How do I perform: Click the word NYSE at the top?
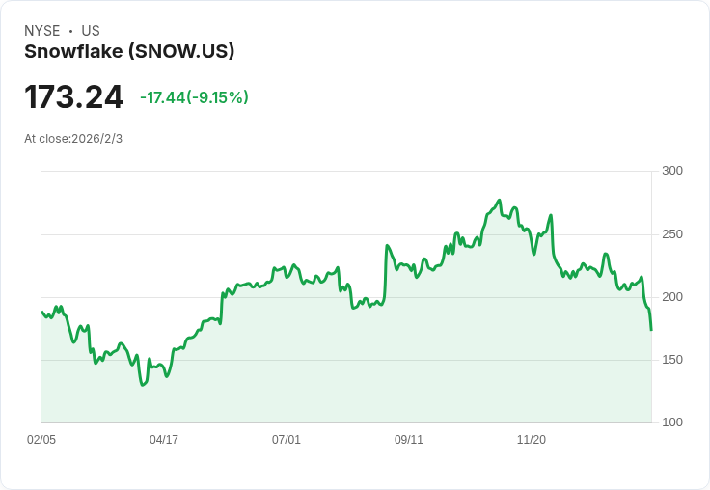42,31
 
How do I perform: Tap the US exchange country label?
91,31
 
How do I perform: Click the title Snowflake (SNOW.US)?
129,52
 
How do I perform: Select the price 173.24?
74,96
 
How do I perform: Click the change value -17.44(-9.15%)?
194,97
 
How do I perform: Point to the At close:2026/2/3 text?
73,139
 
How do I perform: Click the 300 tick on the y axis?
672,171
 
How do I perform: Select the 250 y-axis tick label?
672,234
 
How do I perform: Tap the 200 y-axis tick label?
672,297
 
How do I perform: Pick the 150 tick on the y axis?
672,360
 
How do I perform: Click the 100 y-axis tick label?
672,422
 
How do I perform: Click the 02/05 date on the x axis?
41,439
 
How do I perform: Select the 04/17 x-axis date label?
164,439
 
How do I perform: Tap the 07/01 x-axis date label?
287,439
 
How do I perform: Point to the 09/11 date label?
409,439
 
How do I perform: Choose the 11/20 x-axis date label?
532,439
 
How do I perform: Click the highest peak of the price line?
500,200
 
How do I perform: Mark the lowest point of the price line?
143,385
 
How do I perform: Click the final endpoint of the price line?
651,330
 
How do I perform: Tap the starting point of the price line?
41,312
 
